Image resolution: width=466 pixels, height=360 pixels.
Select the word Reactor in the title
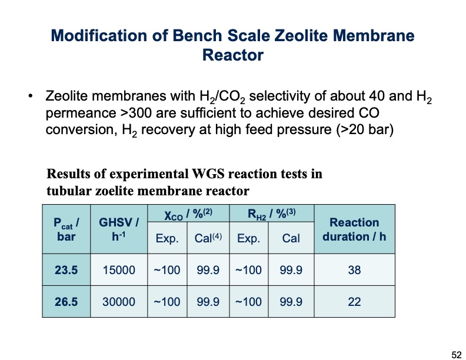(232, 56)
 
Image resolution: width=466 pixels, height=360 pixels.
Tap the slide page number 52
(456, 354)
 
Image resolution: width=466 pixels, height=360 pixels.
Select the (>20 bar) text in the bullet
(364, 129)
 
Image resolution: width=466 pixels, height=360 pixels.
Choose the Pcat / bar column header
(66, 229)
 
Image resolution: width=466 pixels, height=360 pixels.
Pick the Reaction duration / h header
(354, 229)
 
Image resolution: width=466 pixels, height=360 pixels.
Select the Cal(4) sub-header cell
(208, 238)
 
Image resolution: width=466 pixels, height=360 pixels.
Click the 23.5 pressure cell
(66, 270)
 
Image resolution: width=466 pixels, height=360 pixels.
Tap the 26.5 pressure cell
(66, 302)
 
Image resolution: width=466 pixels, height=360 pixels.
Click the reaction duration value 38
(354, 270)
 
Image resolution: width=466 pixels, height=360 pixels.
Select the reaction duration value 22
(354, 302)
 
